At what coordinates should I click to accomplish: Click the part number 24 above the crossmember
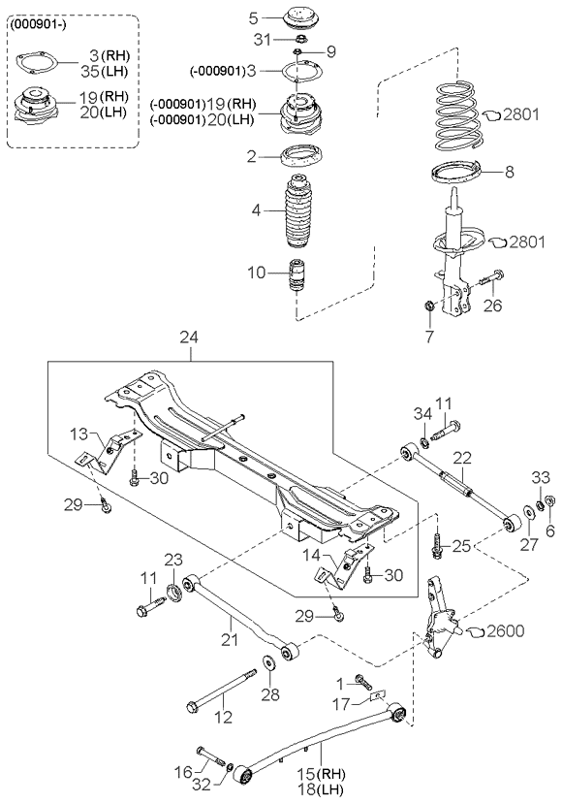(189, 338)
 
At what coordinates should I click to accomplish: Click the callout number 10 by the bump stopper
(254, 273)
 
